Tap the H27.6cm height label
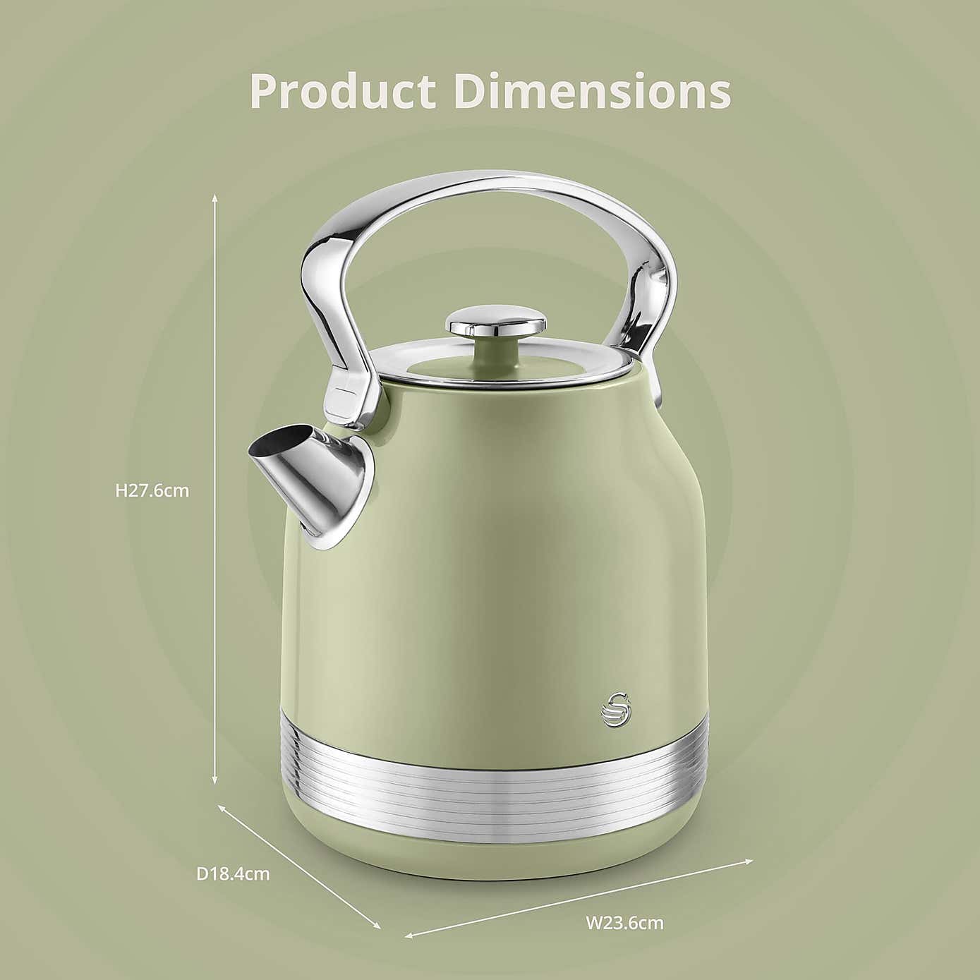tap(152, 491)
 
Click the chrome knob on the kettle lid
tap(497, 320)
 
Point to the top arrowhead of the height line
tap(214, 198)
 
